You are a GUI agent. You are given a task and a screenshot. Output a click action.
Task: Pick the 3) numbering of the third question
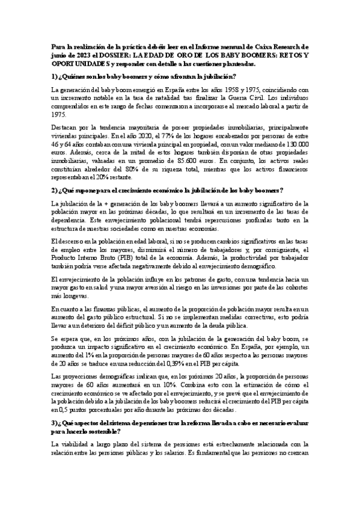click(x=55, y=430)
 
